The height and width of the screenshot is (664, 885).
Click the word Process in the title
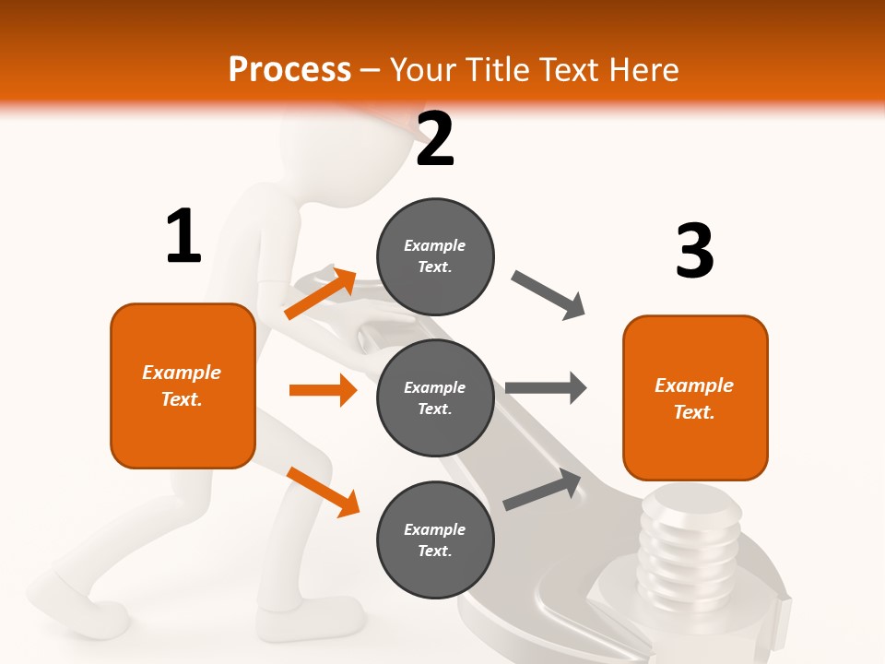coord(289,70)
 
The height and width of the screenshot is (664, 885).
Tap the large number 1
coord(183,237)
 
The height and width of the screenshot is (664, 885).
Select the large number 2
coord(435,140)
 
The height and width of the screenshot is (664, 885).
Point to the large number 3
coord(694,251)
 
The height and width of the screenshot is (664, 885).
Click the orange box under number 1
coord(183,385)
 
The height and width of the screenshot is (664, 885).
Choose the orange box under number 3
coord(695,398)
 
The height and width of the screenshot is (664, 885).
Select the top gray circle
coord(435,256)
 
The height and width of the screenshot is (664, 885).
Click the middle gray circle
coord(435,398)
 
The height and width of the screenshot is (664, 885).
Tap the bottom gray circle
coord(435,540)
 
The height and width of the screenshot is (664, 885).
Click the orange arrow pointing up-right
coord(321,293)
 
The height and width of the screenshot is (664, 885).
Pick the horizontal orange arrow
coord(323,390)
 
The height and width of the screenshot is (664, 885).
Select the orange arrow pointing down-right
coord(323,491)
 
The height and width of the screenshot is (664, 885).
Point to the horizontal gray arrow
coord(546,387)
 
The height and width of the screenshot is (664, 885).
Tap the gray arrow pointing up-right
coord(542,490)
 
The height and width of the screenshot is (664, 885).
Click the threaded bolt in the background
coord(687,544)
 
